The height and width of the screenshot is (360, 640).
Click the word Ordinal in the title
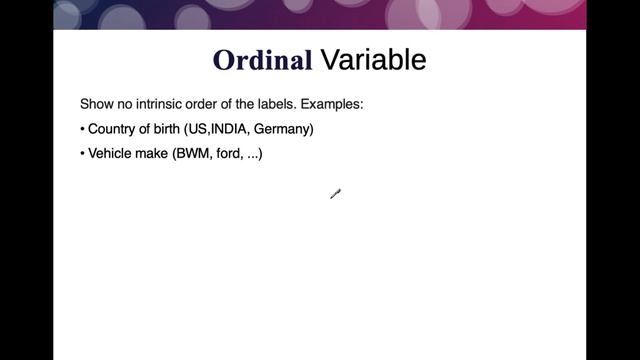pos(262,60)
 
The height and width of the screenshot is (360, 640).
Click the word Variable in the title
pos(373,60)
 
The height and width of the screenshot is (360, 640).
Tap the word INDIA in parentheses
pos(229,130)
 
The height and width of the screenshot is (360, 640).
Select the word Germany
pos(283,130)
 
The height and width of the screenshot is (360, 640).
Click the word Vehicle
pos(112,156)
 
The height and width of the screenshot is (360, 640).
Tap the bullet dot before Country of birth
pos(82,131)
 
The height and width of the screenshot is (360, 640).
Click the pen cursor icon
pos(335,194)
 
